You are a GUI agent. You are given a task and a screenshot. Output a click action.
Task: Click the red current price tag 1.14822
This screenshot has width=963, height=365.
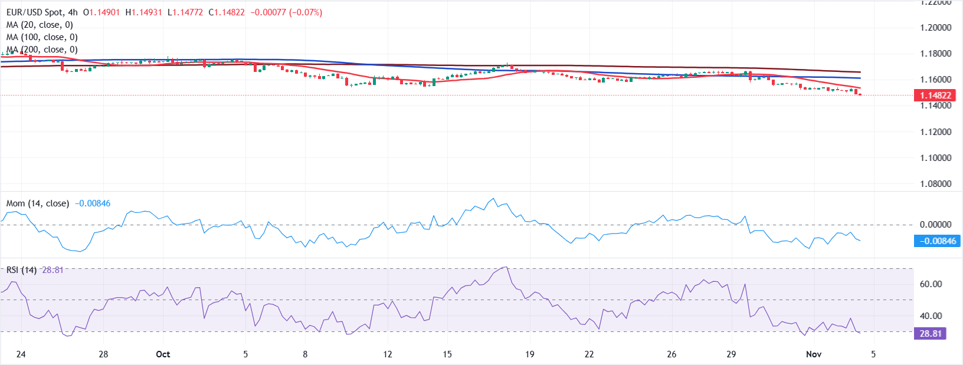tap(935, 95)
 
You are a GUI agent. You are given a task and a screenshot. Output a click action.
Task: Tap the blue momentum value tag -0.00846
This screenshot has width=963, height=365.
tap(937, 241)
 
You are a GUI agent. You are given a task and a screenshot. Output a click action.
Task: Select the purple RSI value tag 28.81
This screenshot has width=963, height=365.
tap(930, 333)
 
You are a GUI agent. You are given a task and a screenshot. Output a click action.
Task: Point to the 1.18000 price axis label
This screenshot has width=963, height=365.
tap(935, 54)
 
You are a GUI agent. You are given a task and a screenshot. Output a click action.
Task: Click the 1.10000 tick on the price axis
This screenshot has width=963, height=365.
tap(935, 157)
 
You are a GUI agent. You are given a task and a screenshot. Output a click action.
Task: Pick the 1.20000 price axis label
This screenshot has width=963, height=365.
tap(935, 28)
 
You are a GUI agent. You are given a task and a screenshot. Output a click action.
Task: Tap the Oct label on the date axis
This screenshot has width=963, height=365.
tap(163, 354)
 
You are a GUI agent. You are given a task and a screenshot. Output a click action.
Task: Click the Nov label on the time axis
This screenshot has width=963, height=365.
tap(814, 354)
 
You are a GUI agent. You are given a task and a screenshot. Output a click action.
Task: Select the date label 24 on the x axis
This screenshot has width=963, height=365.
tap(21, 354)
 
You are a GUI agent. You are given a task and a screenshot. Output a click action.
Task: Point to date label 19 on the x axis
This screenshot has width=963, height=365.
tap(529, 354)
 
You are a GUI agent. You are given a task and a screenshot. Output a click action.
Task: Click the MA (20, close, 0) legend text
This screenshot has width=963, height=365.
tap(40, 25)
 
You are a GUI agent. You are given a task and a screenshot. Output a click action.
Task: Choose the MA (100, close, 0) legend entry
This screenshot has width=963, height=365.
tap(42, 37)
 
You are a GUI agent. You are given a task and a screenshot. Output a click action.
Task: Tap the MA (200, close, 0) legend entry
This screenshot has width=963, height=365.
tap(42, 50)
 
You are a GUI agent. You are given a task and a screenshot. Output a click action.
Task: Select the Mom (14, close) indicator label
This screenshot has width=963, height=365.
tap(37, 203)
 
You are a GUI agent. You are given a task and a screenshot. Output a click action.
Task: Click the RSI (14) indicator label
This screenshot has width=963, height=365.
tap(21, 270)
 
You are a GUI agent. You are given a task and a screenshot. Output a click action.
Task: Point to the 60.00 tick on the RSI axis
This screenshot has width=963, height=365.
tap(931, 284)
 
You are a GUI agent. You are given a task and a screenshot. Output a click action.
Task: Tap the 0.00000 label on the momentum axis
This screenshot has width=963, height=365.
tap(935, 224)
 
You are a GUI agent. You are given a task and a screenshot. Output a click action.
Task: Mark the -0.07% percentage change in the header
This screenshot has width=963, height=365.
tap(306, 12)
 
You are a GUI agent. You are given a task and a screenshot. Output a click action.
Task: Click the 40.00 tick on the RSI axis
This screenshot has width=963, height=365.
tap(931, 315)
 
